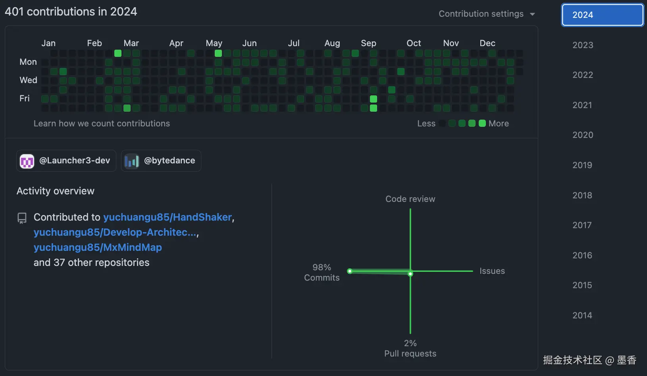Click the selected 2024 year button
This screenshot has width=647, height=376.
(602, 15)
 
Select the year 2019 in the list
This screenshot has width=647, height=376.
(582, 165)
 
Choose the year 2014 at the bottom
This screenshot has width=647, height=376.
(582, 315)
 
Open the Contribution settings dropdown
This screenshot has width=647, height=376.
(487, 14)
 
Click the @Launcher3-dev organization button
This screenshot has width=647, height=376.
(66, 161)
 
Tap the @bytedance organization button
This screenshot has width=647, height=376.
(161, 161)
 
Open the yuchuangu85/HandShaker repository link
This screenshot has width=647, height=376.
(168, 217)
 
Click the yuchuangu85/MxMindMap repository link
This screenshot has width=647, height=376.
(98, 247)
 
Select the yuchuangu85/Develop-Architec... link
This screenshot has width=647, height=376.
(115, 232)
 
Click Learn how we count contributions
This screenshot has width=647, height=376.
(102, 124)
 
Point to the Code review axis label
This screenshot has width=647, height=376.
(410, 199)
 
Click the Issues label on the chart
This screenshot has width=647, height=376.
(492, 271)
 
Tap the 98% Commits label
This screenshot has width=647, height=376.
(322, 272)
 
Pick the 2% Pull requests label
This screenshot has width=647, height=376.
(410, 348)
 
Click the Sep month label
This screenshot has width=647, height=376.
(368, 43)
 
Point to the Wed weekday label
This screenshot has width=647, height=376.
(28, 80)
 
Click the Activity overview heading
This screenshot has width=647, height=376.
(56, 191)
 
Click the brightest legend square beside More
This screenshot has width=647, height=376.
(482, 123)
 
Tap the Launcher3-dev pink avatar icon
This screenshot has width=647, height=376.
(27, 161)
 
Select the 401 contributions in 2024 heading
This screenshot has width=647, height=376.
(71, 12)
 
